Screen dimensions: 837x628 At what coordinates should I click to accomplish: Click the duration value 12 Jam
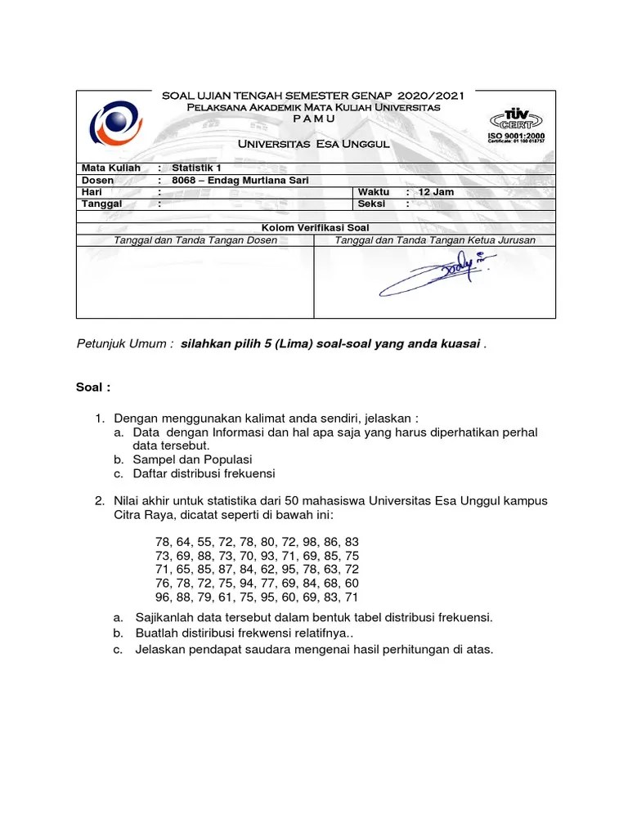tap(436, 192)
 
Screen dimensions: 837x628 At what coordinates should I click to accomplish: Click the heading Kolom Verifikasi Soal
tap(316, 226)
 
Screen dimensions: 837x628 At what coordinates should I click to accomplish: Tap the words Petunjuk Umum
tap(123, 344)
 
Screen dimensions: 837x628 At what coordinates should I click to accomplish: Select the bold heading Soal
tap(92, 387)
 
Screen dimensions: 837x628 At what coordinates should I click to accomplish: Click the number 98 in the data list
tap(303, 542)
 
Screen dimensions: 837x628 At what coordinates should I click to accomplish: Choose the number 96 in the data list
tap(164, 597)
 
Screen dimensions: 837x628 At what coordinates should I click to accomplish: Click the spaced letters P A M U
tap(313, 119)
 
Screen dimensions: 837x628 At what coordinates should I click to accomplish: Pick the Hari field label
tap(92, 192)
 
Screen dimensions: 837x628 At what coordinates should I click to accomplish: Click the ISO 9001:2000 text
tap(516, 135)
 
